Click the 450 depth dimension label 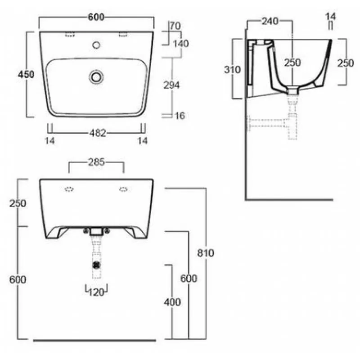[x=26, y=74]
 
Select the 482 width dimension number [x=98, y=133]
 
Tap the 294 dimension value [x=171, y=85]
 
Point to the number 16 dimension [x=180, y=116]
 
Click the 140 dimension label [x=181, y=44]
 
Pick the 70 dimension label [x=175, y=26]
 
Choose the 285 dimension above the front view [x=96, y=162]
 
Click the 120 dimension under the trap [x=96, y=292]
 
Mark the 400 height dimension [x=172, y=302]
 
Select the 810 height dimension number [x=206, y=253]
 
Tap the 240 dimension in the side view [x=270, y=21]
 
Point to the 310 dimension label [x=232, y=70]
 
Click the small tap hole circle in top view [x=96, y=45]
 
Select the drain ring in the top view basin [x=96, y=77]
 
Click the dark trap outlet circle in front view [x=97, y=265]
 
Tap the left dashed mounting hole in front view [x=69, y=189]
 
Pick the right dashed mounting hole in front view [x=123, y=189]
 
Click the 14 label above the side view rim [x=330, y=17]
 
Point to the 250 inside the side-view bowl [x=292, y=63]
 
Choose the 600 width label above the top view [x=96, y=17]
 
